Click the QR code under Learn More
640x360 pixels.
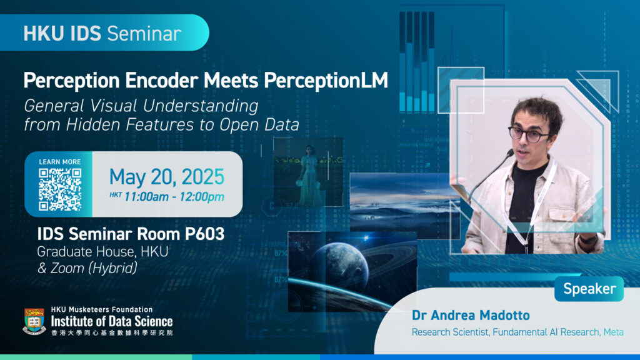[x=59, y=189]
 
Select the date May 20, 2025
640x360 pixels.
[x=166, y=177]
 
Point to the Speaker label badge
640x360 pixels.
[x=589, y=289]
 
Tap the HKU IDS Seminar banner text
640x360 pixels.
[x=102, y=33]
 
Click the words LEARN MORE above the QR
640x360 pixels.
[x=59, y=162]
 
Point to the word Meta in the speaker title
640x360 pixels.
[x=613, y=332]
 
